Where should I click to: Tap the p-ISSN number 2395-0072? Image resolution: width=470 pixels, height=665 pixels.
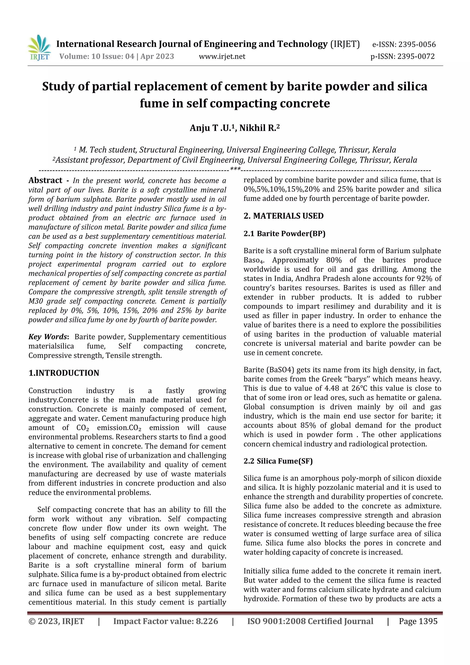click(416, 56)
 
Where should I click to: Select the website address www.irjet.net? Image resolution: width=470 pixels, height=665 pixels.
click(222, 56)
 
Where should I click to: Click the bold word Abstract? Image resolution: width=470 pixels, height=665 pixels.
click(45, 180)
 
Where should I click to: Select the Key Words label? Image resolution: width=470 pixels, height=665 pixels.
click(48, 337)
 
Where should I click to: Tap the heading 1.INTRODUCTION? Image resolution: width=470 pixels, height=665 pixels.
click(64, 373)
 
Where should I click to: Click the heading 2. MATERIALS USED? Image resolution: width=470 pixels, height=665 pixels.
click(283, 216)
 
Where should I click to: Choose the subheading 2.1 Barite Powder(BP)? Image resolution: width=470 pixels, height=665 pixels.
click(284, 234)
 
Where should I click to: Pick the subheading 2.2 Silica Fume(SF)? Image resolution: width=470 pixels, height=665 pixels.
click(278, 461)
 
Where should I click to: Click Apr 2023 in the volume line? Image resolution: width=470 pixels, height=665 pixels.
click(157, 56)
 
